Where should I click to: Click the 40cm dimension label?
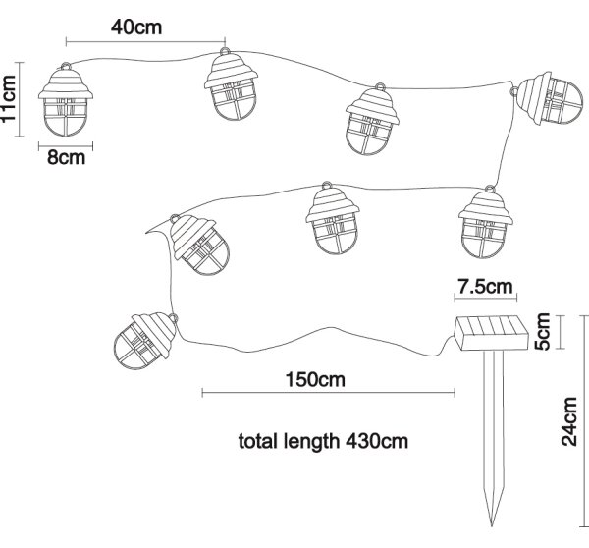tap(136, 27)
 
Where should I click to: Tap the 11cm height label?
tap(8, 98)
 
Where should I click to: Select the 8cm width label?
tap(66, 157)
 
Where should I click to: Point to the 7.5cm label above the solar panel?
tap(485, 287)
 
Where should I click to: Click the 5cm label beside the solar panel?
tap(543, 332)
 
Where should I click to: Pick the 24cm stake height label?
tap(569, 421)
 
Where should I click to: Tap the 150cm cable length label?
tap(315, 380)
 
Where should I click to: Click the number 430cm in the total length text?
tap(376, 441)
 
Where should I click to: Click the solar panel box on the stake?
tap(492, 333)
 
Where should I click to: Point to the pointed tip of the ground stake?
tap(492, 526)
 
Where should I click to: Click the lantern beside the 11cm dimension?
tap(66, 99)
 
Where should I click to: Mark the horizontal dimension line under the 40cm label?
tap(145, 41)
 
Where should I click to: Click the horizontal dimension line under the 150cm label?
tap(329, 393)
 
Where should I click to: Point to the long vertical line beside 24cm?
tap(584, 421)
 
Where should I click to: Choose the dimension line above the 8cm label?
tap(66, 145)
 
